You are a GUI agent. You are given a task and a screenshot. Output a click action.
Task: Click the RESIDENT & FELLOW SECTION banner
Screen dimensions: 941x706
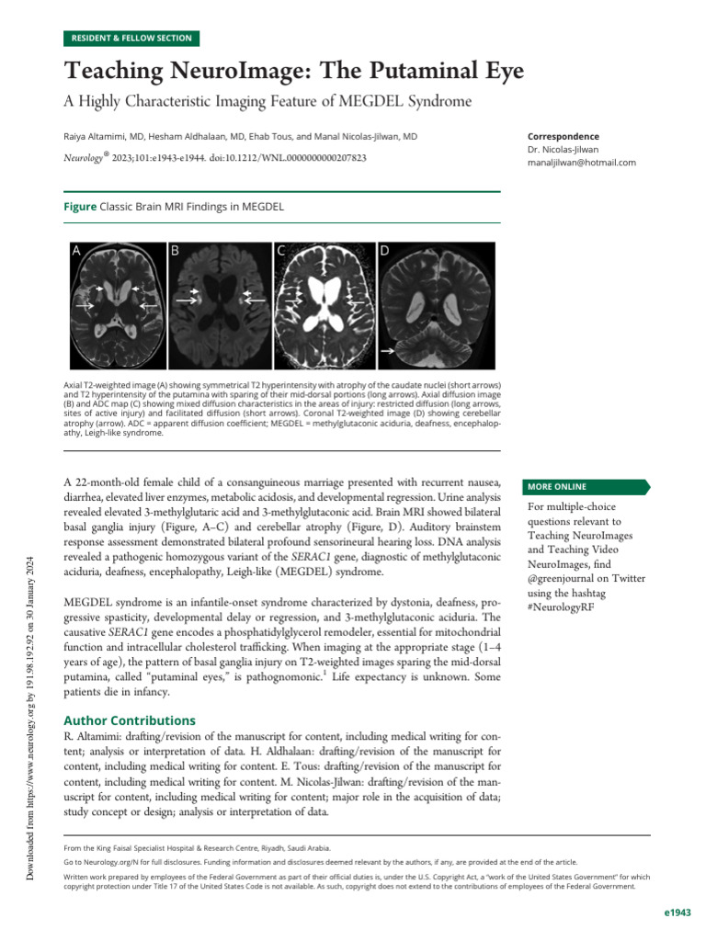click(x=131, y=38)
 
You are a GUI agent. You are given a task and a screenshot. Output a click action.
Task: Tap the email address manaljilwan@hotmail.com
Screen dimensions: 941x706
click(x=582, y=163)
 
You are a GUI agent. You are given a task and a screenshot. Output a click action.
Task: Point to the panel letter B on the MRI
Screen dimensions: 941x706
click(x=175, y=250)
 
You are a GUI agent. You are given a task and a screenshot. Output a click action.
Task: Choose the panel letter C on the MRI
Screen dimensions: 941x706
click(x=280, y=250)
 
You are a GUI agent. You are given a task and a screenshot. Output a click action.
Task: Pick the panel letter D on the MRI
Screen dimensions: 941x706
click(x=384, y=250)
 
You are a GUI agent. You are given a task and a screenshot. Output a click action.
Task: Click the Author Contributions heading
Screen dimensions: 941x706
click(x=129, y=720)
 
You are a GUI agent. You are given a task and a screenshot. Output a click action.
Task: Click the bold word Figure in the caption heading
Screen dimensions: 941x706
click(x=79, y=207)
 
